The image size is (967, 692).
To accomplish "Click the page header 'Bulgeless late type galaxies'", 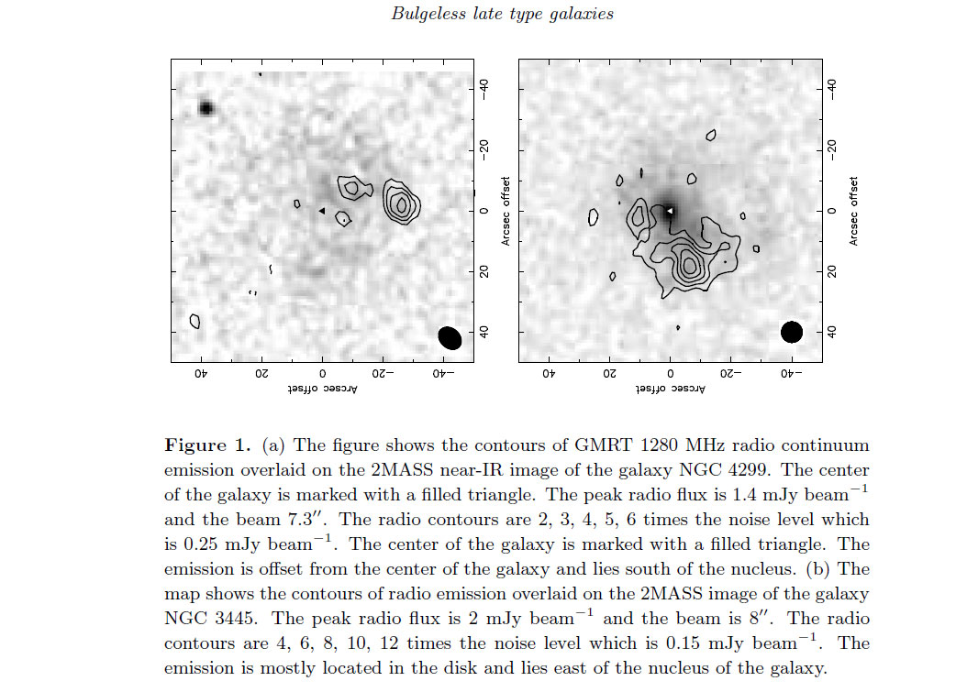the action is (x=502, y=14).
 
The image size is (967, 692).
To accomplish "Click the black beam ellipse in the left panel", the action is (x=450, y=337).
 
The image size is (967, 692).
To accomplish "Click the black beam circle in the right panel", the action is (x=791, y=332).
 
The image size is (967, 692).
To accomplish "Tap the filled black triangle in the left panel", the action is (x=321, y=211).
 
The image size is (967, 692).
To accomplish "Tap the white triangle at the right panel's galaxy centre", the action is (x=669, y=211).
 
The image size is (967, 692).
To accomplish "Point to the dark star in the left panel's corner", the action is (x=206, y=108).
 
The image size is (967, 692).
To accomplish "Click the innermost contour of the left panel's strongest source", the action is (x=402, y=204).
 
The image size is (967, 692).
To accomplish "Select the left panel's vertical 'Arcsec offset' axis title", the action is (x=506, y=212).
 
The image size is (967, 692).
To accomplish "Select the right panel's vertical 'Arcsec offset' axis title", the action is (x=853, y=212).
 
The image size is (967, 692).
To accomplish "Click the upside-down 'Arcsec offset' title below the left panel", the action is (x=322, y=389).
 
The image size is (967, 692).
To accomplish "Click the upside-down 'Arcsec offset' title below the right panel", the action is (x=670, y=389).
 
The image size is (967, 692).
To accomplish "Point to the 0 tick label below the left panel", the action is (x=322, y=373).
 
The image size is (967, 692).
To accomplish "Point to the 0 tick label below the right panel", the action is (x=670, y=373).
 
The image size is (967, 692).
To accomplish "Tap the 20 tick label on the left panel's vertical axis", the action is (x=484, y=271).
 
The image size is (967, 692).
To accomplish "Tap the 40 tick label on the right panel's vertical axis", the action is (x=831, y=332).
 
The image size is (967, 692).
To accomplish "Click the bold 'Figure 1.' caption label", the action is (x=208, y=445).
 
